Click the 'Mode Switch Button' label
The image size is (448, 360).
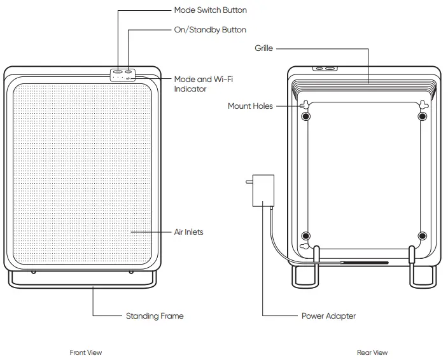tap(210, 10)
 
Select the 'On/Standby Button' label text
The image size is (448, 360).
tap(210, 30)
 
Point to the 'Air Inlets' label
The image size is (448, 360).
tap(189, 232)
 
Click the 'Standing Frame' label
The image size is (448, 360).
tap(155, 315)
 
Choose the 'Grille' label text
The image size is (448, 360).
tap(264, 48)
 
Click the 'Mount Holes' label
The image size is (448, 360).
tap(250, 106)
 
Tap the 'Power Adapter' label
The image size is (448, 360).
tap(328, 315)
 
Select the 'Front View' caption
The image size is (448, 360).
tap(85, 352)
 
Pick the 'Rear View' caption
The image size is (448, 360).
tap(372, 352)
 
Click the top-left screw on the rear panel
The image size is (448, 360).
tap(306, 118)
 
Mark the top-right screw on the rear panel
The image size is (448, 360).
tap(422, 118)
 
